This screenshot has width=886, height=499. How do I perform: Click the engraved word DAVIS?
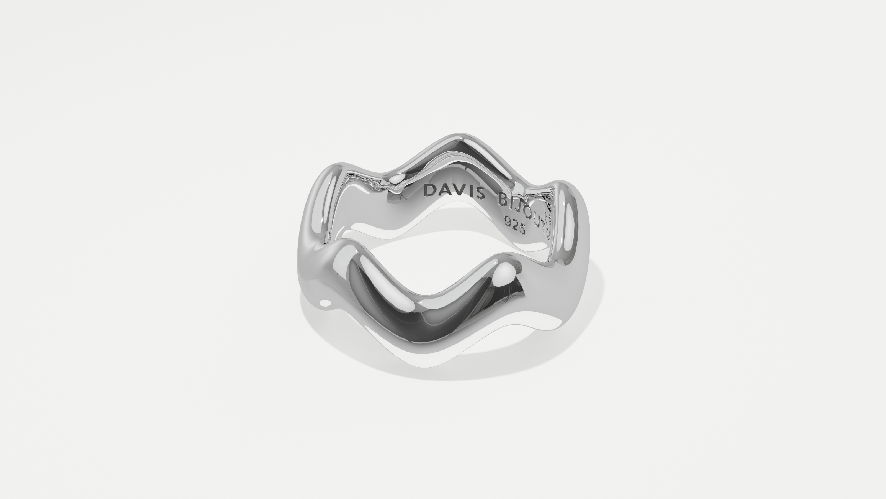(x=454, y=192)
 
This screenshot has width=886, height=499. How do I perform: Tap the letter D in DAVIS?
(x=430, y=190)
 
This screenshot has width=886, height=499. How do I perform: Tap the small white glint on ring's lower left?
(x=325, y=303)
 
